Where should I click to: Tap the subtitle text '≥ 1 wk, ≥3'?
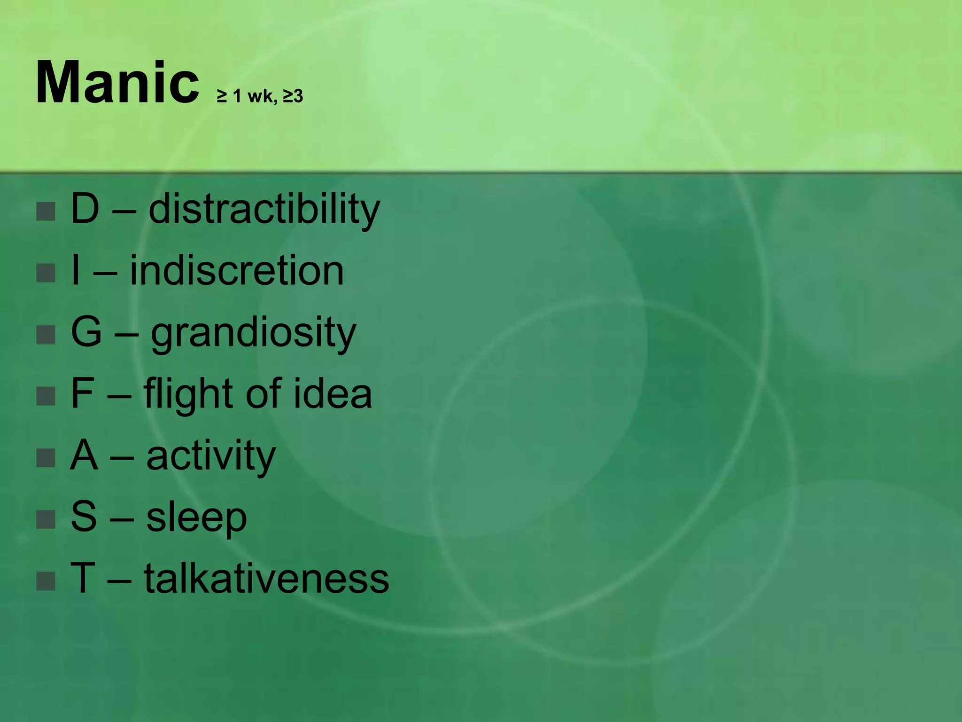[260, 96]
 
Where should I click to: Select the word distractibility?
[264, 209]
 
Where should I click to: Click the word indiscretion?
[237, 271]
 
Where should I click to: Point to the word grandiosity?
[253, 333]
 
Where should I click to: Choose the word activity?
[211, 456]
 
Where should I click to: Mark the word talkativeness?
[266, 579]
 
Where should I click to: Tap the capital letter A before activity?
[84, 455]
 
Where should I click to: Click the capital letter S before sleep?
[84, 517]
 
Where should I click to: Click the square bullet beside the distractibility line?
[46, 212]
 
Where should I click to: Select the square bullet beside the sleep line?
[46, 519]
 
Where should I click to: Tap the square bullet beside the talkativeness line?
[46, 581]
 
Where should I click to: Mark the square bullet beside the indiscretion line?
[46, 273]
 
